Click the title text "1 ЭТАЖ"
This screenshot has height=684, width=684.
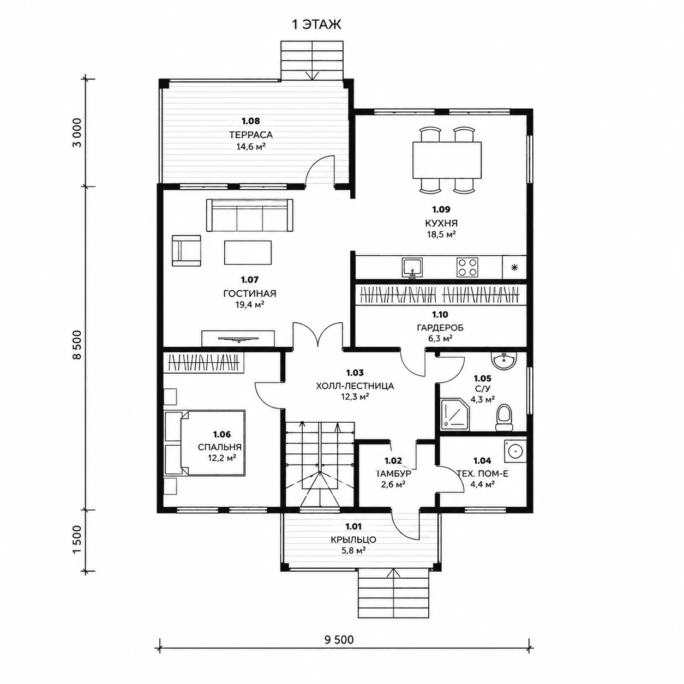[x=316, y=25]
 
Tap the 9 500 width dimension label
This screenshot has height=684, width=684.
[x=339, y=640]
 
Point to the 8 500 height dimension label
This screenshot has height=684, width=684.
[x=77, y=345]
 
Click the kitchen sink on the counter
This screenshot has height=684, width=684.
[x=412, y=267]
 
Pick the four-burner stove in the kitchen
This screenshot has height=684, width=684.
[x=467, y=267]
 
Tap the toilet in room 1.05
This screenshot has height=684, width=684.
[x=503, y=418]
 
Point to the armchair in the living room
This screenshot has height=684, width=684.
[x=187, y=250]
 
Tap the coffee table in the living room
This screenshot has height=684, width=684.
[x=248, y=252]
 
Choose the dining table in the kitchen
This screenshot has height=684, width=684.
[x=447, y=160]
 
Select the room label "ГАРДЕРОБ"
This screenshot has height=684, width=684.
[x=440, y=328]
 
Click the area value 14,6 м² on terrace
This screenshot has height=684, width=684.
[x=251, y=146]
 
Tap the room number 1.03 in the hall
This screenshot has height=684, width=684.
[x=355, y=373]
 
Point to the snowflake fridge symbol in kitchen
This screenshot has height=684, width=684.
[x=514, y=267]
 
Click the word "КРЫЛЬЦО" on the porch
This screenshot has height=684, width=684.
[x=353, y=540]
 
